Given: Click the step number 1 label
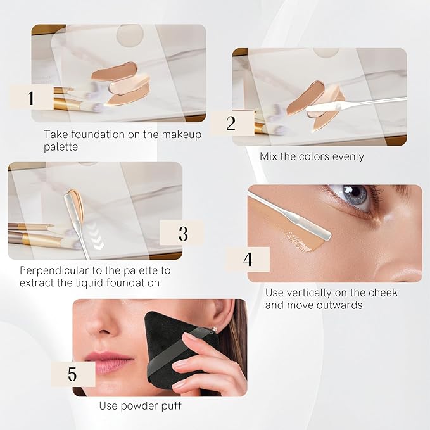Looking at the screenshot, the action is tap(30, 98).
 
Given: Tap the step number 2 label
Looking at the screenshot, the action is tap(231, 123).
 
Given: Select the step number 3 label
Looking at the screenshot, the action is tap(183, 234).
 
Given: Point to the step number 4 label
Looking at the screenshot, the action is tap(248, 259).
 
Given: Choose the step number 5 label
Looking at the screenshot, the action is tap(72, 374).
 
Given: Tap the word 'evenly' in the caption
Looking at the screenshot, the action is tap(348, 157).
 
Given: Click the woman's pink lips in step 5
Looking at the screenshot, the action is tap(108, 362).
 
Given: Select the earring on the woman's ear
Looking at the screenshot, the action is tap(214, 330).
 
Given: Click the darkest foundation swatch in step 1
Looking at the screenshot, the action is tap(113, 71).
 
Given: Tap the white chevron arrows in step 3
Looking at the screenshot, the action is tap(98, 236).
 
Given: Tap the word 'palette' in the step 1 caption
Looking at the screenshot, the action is tap(61, 148).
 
